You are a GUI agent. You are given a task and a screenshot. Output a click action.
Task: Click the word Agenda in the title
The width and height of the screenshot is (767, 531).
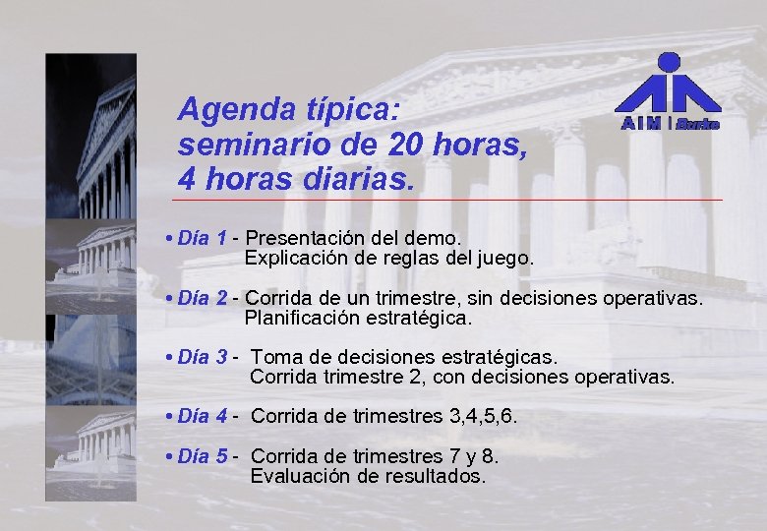[x=229, y=109]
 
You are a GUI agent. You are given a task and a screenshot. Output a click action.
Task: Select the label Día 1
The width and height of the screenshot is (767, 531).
[x=204, y=238]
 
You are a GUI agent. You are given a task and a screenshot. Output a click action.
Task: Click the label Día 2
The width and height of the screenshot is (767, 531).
[x=204, y=298]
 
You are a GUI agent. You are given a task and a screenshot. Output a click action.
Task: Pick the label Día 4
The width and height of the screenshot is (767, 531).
[x=204, y=416]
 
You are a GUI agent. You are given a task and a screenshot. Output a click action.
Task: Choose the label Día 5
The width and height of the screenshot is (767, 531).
[x=204, y=456]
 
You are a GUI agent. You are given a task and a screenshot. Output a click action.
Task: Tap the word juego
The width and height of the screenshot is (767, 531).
[x=504, y=260]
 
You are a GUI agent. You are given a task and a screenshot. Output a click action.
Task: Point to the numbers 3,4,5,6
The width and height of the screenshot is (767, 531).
[x=482, y=416]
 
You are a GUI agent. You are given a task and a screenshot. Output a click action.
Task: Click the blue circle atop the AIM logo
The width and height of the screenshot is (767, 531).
[x=669, y=62]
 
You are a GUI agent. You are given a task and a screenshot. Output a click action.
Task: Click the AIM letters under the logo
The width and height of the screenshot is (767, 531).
[x=640, y=124]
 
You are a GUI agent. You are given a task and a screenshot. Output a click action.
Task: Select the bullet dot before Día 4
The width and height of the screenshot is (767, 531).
[x=171, y=416]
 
